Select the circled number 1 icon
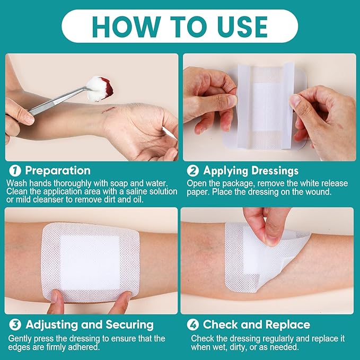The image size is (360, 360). coord(15,171)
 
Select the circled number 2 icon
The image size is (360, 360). coord(192,171)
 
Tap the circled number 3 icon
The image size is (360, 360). coord(15,324)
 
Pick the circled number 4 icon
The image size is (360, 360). coord(192,324)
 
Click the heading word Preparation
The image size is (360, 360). coord(58,171)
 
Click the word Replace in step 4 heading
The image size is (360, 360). coord(286,324)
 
